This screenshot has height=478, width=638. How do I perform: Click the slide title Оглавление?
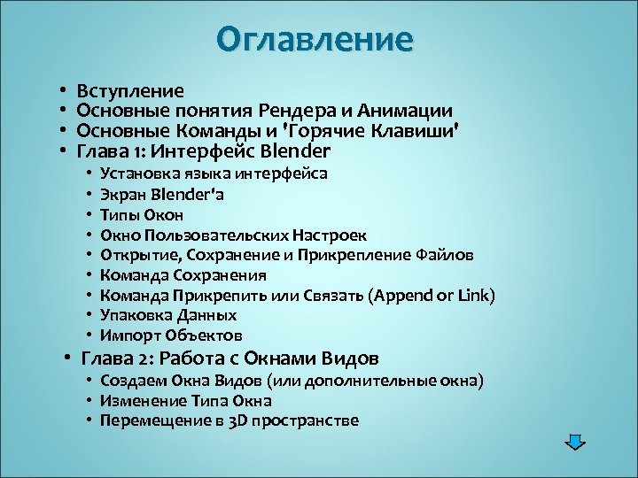coord(315,40)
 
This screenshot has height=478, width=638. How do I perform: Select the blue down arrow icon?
coord(576,442)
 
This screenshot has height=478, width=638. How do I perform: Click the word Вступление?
coord(131,90)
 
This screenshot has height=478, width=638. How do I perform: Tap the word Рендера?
coord(297,111)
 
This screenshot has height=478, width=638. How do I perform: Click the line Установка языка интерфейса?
coord(214,173)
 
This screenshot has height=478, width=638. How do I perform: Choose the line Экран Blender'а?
coord(161,194)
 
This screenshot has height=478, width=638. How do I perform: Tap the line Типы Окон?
coord(142,214)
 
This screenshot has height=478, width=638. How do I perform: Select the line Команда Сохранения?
coord(183,275)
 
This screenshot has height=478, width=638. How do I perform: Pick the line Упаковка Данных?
coord(168,315)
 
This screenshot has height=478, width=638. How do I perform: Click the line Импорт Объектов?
coord(171,335)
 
